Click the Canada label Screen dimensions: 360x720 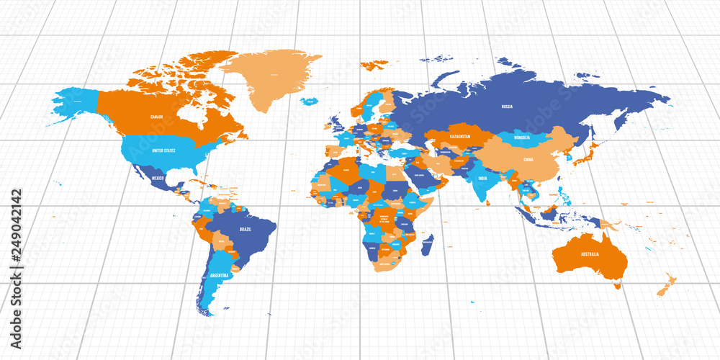pyautogui.click(x=156, y=116)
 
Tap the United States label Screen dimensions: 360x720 pyautogui.click(x=164, y=150)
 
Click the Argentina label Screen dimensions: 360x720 pyautogui.click(x=220, y=275)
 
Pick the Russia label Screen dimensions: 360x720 pyautogui.click(x=507, y=107)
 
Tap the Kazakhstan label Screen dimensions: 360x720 pyautogui.click(x=460, y=136)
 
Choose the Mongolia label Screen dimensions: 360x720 pyautogui.click(x=522, y=137)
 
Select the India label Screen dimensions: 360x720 pyautogui.click(x=482, y=178)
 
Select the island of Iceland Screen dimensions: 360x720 pyautogui.click(x=310, y=101)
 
